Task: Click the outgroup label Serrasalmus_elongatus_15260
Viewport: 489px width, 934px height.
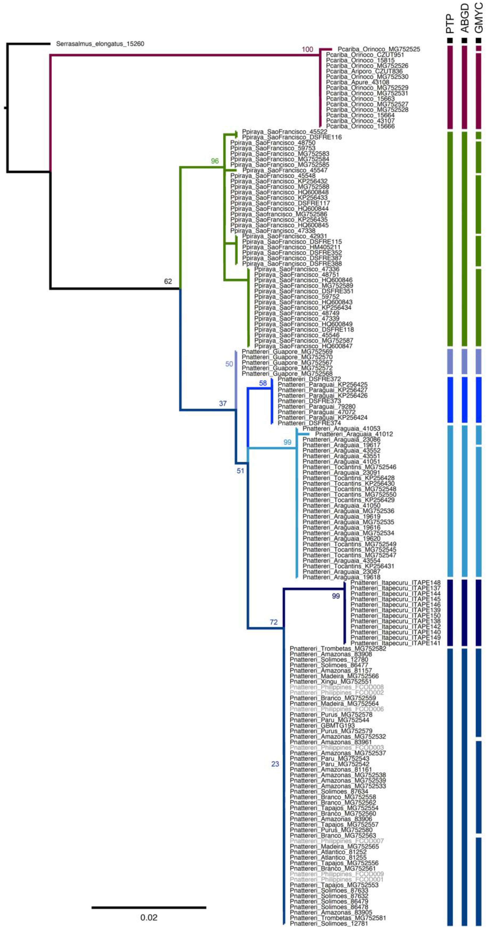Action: [x=100, y=44]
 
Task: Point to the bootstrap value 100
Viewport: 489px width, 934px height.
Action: [x=307, y=49]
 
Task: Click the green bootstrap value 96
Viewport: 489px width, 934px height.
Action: [x=215, y=161]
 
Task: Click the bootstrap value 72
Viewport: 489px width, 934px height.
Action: [x=273, y=622]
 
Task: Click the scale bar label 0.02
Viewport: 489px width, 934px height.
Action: [x=149, y=918]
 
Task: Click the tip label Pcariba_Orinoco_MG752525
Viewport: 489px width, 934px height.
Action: [x=378, y=49]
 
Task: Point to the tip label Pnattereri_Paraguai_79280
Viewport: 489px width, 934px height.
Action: [x=316, y=407]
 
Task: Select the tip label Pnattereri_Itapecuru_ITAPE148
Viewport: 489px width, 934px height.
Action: [x=395, y=583]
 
